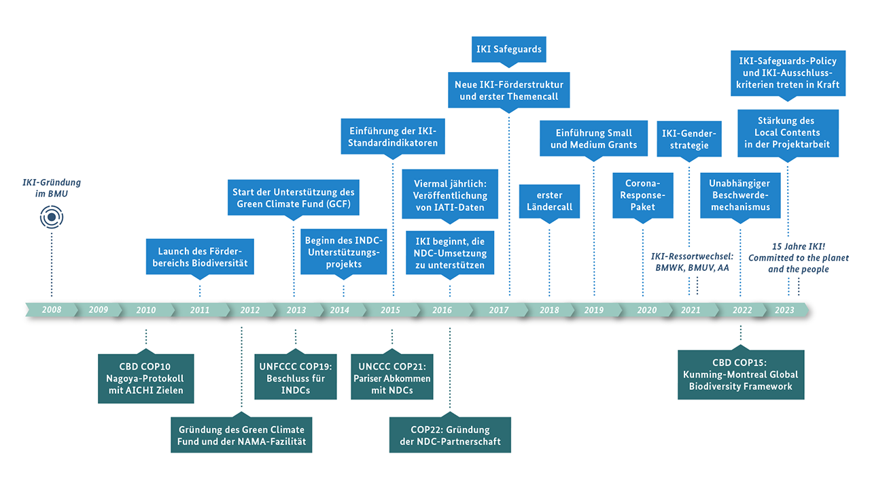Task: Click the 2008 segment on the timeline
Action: pos(51,310)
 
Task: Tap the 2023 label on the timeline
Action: pos(784,310)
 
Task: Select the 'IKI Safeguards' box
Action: pos(508,50)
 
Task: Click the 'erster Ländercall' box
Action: pos(549,201)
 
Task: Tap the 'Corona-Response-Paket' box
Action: pos(642,195)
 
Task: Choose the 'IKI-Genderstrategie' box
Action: pos(689,139)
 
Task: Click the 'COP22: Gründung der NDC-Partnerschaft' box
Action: pos(450,436)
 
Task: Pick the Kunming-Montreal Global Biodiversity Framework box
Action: pos(741,374)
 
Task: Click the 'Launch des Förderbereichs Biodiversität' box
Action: pos(200,257)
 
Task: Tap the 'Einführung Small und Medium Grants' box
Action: pos(594,139)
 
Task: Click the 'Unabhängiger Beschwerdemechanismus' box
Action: pos(740,195)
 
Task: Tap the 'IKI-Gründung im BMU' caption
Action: pos(51,188)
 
